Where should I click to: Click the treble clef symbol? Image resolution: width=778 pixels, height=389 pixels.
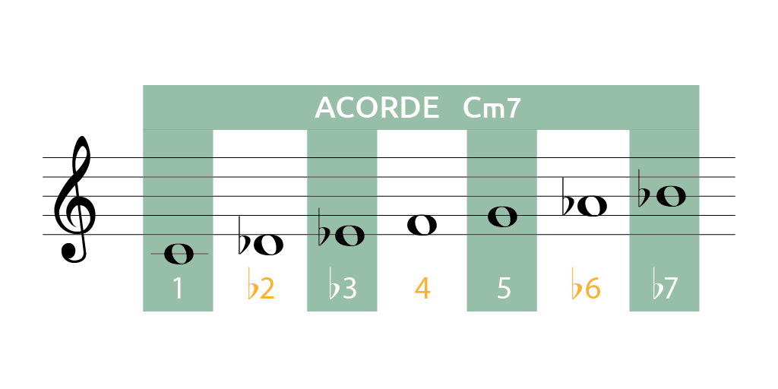[74, 199]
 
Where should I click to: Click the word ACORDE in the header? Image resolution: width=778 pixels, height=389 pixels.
[377, 108]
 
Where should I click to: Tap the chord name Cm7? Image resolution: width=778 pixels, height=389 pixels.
[492, 108]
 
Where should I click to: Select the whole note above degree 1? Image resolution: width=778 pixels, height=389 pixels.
[179, 254]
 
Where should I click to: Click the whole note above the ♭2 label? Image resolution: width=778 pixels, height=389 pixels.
[268, 245]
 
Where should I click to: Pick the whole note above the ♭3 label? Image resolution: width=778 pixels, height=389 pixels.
[349, 236]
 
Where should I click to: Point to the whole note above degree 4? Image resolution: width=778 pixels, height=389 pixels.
[422, 225]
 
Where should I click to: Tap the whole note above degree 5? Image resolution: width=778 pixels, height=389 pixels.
[503, 217]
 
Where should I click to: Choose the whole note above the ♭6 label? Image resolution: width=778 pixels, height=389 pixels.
[592, 206]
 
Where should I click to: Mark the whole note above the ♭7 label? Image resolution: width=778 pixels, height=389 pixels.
[671, 197]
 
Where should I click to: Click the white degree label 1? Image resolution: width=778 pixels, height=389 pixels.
[178, 289]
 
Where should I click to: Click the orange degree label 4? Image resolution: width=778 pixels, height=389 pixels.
[422, 289]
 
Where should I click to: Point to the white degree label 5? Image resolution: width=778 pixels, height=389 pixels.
[504, 289]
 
